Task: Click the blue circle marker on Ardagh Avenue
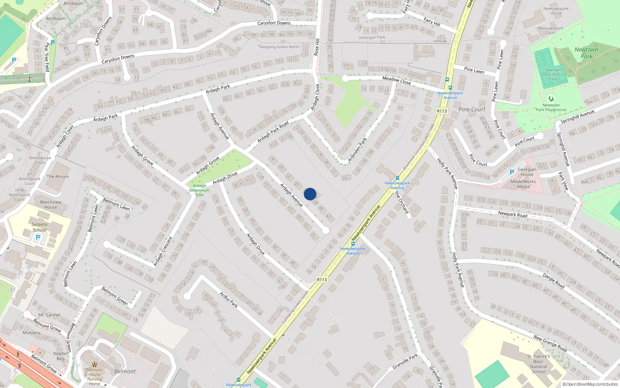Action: click(310, 194)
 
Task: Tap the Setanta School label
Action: click(40, 227)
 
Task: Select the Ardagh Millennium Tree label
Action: click(200, 190)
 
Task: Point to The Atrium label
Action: click(58, 177)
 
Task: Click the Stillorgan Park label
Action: click(372, 38)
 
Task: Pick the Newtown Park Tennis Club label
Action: click(553, 74)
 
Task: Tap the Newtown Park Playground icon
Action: click(551, 99)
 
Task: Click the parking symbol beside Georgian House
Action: click(512, 172)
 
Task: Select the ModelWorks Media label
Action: click(523, 184)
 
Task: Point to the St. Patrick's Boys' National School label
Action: click(538, 364)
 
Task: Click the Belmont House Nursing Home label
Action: click(95, 377)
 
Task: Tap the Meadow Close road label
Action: click(396, 80)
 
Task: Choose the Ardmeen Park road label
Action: click(357, 149)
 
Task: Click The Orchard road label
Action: click(401, 202)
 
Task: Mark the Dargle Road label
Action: click(553, 281)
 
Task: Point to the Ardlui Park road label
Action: click(229, 300)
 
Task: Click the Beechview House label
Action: click(51, 204)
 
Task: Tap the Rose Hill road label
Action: click(317, 47)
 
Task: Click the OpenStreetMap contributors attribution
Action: click(590, 385)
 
